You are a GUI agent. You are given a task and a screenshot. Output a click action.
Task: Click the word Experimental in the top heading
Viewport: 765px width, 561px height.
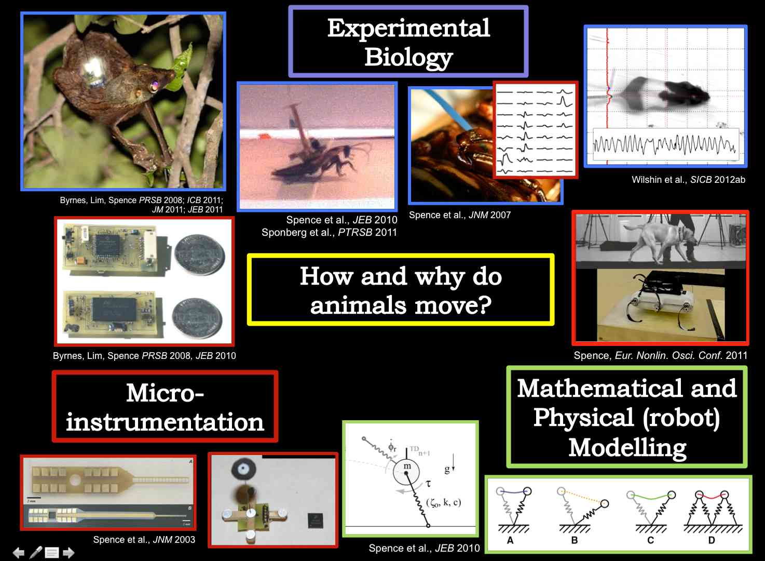pos(408,28)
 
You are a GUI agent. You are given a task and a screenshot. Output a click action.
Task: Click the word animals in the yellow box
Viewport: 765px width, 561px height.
pos(359,305)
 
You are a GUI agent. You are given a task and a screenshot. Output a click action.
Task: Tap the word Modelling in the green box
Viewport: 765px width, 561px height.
pos(627,447)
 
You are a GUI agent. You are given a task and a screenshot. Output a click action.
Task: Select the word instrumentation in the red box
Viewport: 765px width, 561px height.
pos(165,422)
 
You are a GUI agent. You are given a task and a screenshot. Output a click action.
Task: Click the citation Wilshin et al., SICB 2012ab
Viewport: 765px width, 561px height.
pos(688,180)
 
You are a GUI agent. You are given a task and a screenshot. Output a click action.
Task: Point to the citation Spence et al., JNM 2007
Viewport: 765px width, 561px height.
pos(460,215)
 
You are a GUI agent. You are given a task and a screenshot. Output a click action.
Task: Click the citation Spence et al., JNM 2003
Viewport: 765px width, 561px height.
pos(144,540)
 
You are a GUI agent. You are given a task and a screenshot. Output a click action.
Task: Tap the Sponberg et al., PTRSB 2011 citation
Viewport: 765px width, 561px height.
pos(329,233)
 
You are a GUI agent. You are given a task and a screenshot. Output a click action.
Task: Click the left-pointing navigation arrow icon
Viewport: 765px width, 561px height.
pos(19,553)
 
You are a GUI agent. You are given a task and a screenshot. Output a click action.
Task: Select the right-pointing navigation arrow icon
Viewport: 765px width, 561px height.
pos(69,553)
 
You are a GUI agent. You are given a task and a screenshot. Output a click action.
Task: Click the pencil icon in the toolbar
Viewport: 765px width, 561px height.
pos(36,552)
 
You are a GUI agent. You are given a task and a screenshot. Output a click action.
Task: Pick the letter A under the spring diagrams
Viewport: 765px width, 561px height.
pos(510,541)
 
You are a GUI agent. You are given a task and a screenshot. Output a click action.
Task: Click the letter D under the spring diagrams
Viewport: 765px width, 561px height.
pos(712,541)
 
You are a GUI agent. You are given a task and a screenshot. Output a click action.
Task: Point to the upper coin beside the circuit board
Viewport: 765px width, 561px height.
pos(200,255)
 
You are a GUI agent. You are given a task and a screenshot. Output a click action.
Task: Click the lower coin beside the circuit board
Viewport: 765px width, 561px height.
pos(197,318)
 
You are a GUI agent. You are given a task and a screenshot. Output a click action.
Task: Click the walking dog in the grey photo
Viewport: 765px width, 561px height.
pos(661,241)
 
